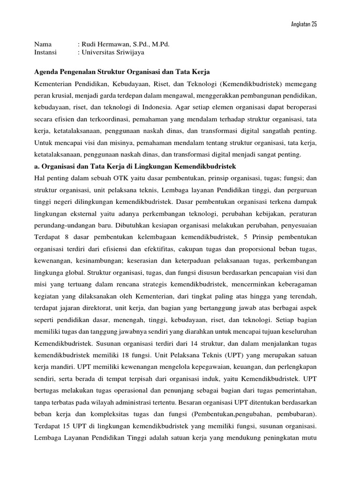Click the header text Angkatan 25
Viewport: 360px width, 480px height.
click(x=304, y=24)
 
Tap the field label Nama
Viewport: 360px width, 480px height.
click(x=43, y=45)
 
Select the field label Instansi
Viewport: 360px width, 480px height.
click(x=45, y=52)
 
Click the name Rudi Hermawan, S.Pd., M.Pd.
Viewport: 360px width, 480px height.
click(x=126, y=45)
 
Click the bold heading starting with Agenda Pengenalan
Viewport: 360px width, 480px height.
click(x=122, y=72)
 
